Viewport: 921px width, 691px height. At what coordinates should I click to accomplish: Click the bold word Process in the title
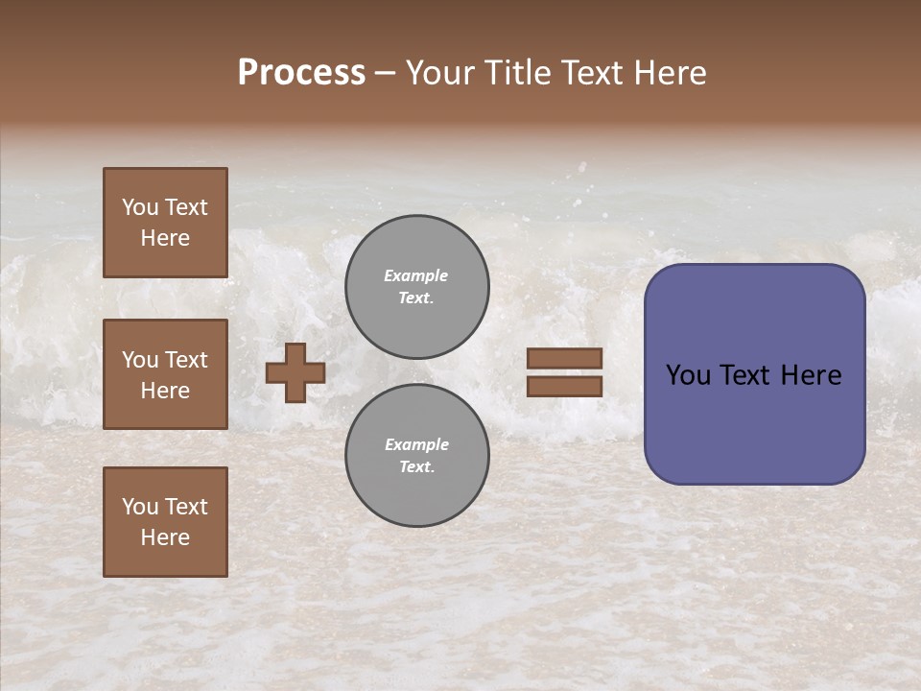point(301,73)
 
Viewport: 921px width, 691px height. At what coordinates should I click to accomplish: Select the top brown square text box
point(165,223)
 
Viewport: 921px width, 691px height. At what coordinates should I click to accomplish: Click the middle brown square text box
point(165,374)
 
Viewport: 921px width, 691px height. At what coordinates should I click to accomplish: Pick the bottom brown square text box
point(165,522)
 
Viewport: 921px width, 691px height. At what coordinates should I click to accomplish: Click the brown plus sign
point(295,372)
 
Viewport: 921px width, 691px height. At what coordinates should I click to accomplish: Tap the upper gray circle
point(416,286)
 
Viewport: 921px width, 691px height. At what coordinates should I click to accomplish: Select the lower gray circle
point(416,455)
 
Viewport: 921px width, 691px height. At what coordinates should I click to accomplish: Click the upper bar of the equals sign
point(564,358)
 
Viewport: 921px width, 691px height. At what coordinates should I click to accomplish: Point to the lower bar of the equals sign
point(564,386)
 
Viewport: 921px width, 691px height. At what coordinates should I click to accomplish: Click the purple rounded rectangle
point(754,422)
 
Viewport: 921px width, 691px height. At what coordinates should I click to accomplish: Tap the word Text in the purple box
point(753,375)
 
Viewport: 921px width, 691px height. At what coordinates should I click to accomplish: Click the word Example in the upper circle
point(416,275)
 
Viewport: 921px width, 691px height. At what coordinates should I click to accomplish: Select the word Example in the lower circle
point(416,444)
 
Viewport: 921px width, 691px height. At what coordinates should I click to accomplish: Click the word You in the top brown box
point(140,207)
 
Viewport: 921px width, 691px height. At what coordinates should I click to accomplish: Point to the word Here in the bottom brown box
point(165,537)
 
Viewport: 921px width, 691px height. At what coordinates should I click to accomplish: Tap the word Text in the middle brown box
point(185,360)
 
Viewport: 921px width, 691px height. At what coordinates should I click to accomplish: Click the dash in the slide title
point(385,74)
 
